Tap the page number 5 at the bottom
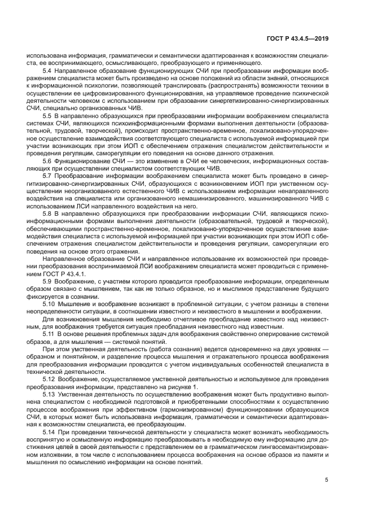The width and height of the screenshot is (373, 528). tap(327, 481)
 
